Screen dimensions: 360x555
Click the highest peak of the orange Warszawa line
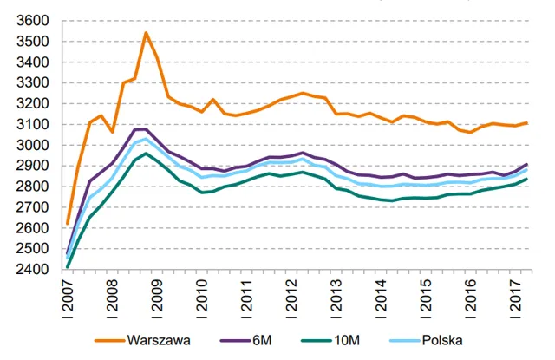click(146, 33)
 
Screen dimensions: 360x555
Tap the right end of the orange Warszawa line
click(526, 123)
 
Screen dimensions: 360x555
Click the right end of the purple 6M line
click(526, 164)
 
